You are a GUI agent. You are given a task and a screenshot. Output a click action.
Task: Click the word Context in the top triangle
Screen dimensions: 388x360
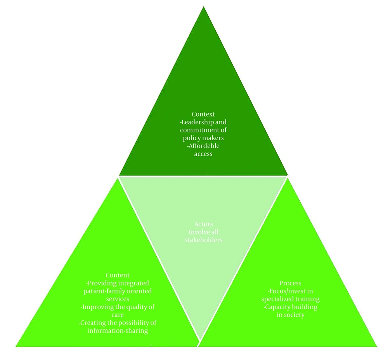point(203,114)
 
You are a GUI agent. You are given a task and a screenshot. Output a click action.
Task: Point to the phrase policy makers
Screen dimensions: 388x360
point(203,138)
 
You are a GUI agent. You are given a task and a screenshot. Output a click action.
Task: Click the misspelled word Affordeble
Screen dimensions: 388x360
point(204,146)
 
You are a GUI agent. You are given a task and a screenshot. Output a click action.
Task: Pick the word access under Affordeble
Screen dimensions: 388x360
point(203,154)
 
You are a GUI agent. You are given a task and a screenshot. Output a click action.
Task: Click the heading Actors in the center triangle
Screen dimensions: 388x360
point(203,224)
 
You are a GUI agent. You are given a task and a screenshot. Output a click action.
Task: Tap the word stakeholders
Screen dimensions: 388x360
point(203,240)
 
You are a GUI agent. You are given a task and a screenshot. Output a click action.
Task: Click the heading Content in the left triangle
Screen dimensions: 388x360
point(118,275)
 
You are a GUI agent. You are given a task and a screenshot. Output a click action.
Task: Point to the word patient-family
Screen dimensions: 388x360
point(104,291)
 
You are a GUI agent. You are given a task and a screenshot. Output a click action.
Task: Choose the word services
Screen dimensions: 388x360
point(118,299)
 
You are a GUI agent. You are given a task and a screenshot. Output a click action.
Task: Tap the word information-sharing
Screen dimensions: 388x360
point(118,331)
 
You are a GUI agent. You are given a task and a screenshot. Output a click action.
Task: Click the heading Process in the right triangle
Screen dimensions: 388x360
point(291,283)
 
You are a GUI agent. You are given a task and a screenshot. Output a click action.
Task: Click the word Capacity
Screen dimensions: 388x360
point(278,307)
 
